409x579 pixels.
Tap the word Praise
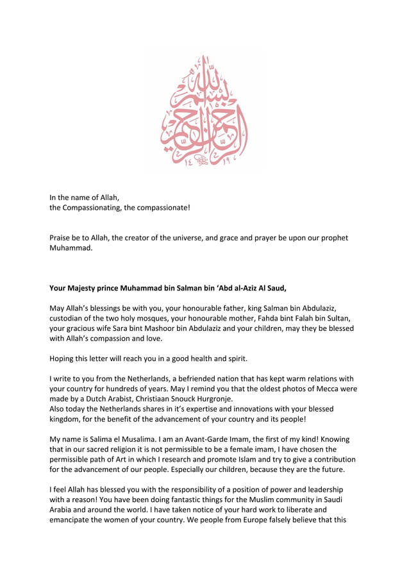[x=62, y=238]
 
